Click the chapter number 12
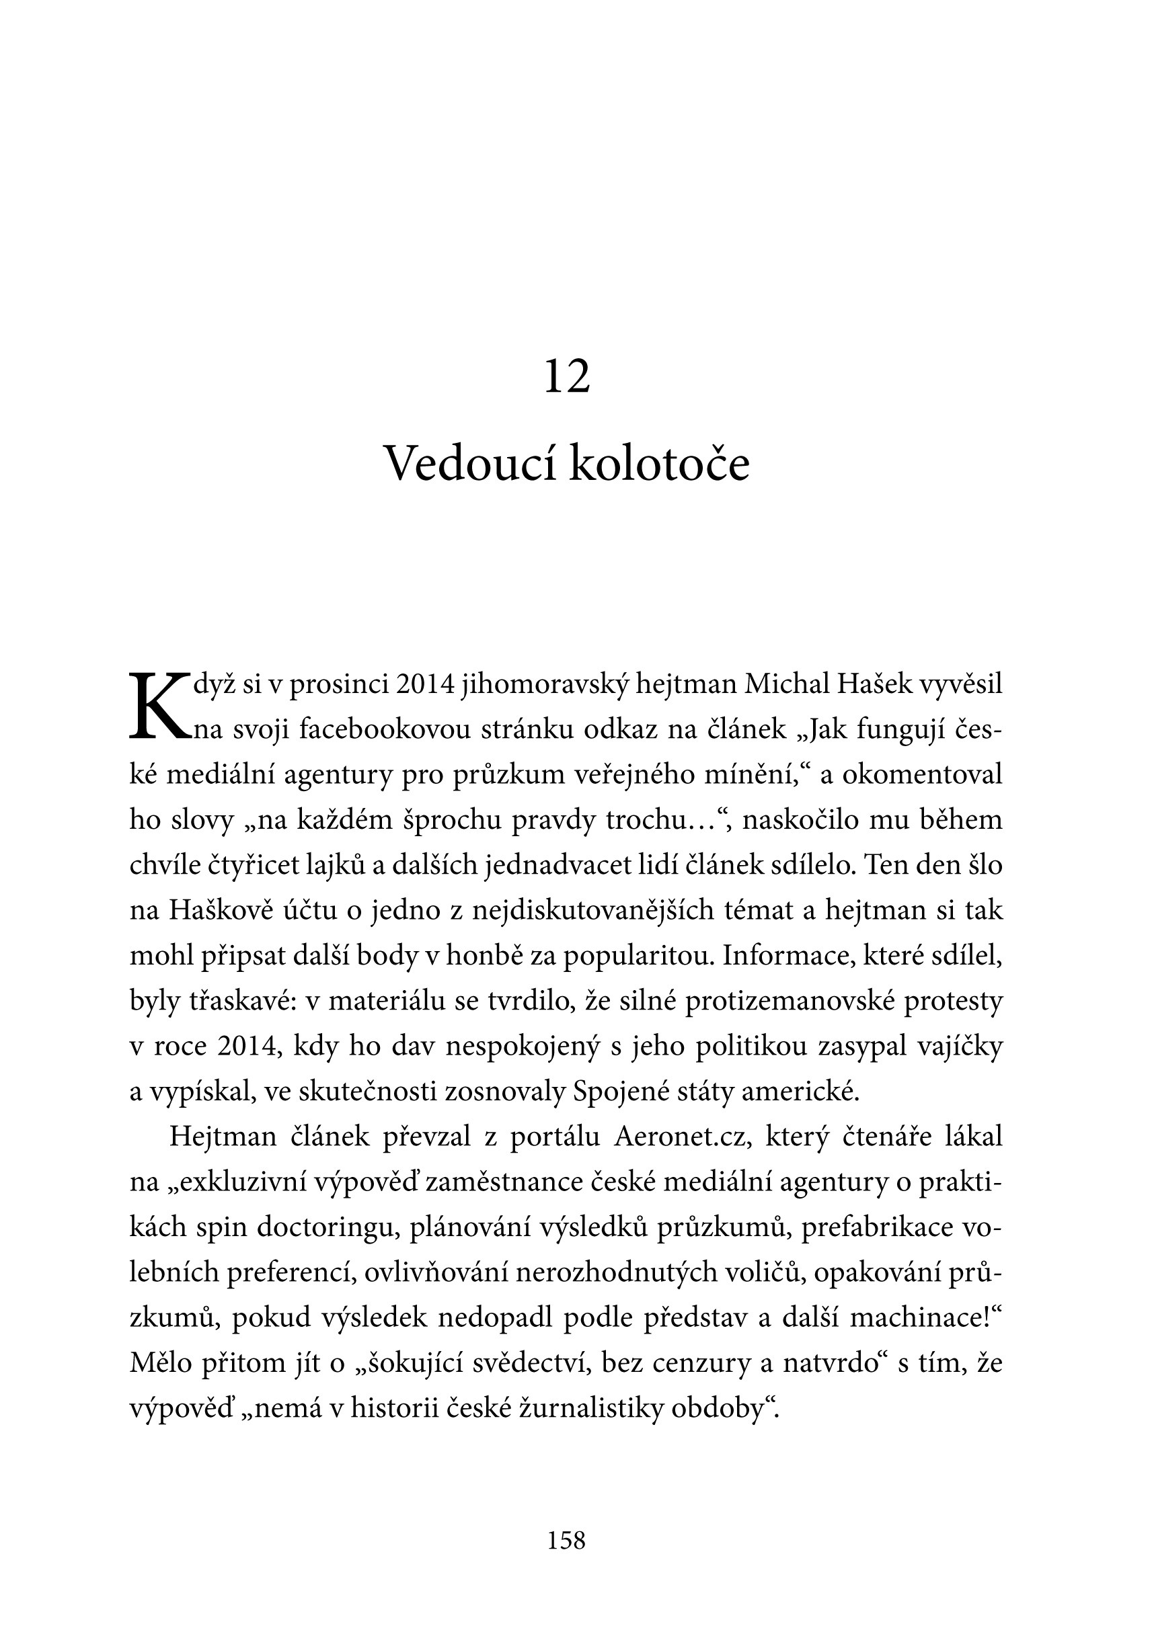tap(567, 377)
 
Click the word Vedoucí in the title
tap(468, 465)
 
